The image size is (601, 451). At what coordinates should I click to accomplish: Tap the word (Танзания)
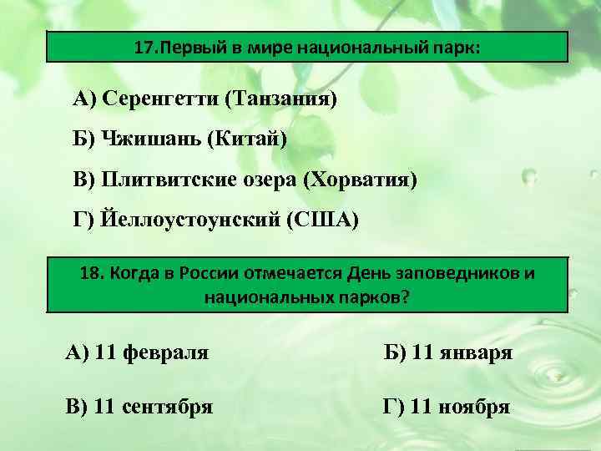[x=280, y=100]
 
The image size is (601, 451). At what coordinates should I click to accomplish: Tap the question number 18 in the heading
[x=91, y=274]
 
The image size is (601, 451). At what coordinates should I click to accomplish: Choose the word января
[x=474, y=353]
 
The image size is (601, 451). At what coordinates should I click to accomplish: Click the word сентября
[x=167, y=407]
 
